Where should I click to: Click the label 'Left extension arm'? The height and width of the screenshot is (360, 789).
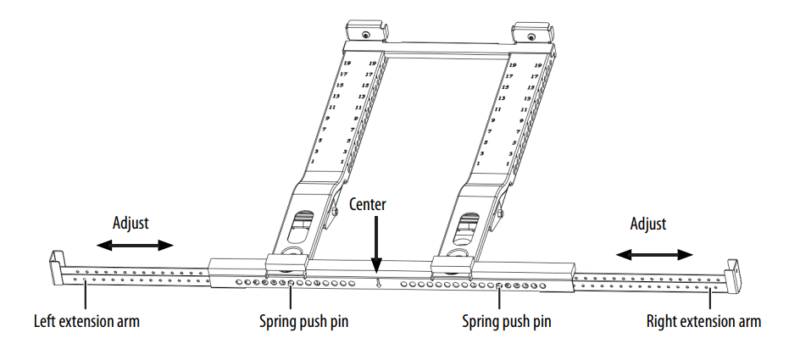click(86, 321)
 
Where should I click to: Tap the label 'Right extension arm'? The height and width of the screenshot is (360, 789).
click(703, 321)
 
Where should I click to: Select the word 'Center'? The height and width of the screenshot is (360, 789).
click(368, 205)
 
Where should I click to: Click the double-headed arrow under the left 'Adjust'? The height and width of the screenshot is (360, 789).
click(135, 246)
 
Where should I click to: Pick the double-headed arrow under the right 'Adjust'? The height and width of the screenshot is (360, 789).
click(654, 255)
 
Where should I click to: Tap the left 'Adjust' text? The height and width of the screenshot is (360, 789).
click(131, 223)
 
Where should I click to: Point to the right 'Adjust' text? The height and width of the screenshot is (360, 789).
click(648, 224)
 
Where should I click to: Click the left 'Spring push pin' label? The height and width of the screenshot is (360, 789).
click(304, 321)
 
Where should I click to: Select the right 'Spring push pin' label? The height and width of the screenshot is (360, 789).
click(507, 321)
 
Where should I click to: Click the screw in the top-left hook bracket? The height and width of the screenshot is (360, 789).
click(366, 34)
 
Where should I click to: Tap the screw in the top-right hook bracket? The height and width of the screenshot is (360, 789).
click(531, 36)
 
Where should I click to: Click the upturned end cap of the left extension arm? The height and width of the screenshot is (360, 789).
click(56, 267)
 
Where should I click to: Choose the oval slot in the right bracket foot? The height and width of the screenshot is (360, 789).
click(466, 229)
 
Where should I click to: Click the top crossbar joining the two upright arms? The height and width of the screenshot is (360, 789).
click(449, 49)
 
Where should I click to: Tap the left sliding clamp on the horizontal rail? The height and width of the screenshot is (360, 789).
click(286, 264)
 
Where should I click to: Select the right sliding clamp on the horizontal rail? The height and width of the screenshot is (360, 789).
click(453, 265)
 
